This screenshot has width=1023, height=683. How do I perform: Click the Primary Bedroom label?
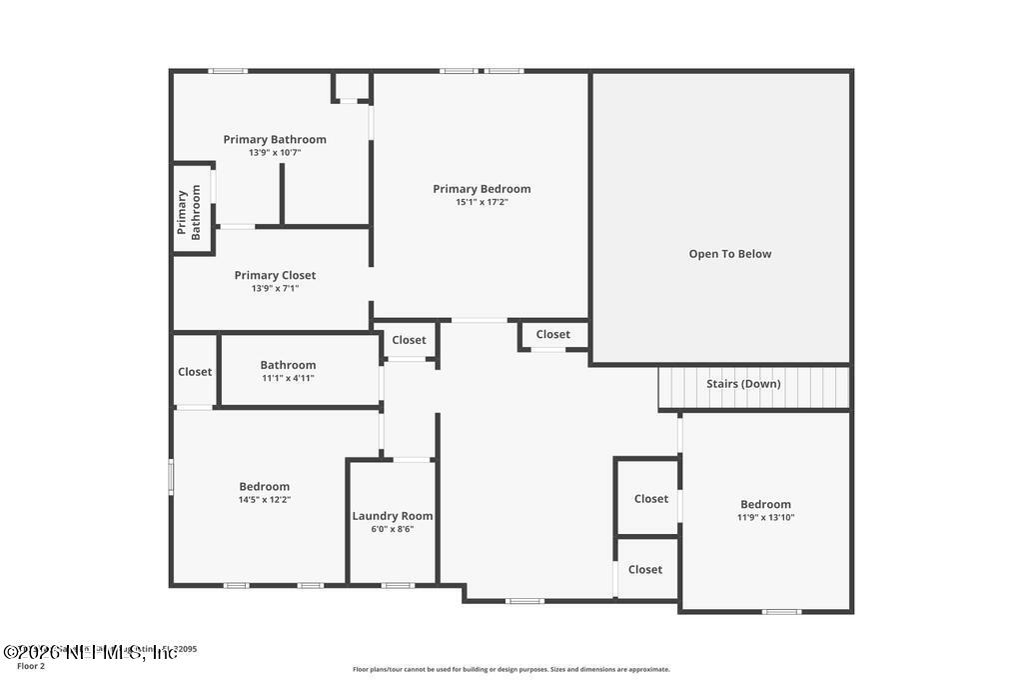482,189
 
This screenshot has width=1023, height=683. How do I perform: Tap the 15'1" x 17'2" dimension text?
482,202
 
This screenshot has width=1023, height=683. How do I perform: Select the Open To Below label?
730,254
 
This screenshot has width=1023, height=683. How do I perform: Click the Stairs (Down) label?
743,384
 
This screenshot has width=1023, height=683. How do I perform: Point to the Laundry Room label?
393,516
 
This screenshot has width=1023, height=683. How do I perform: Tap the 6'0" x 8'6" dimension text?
393,529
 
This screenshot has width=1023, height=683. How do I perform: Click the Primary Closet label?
275,275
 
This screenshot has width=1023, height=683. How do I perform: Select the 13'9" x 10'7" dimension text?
275,153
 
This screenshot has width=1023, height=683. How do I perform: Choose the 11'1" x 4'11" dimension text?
288,378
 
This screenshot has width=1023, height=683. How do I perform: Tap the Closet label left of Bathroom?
195,372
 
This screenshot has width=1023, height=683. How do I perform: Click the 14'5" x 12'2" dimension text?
265,500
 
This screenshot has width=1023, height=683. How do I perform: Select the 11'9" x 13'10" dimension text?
766,518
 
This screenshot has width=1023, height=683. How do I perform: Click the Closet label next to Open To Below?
552,334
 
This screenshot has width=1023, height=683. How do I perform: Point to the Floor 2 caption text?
31,666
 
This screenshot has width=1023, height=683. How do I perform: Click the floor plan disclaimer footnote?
511,670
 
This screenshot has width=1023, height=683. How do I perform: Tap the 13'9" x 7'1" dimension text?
275,288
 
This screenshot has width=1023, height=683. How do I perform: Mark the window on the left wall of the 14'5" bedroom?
171,476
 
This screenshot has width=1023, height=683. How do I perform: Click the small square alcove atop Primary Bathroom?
352,86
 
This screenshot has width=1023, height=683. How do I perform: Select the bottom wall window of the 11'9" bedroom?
781,611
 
